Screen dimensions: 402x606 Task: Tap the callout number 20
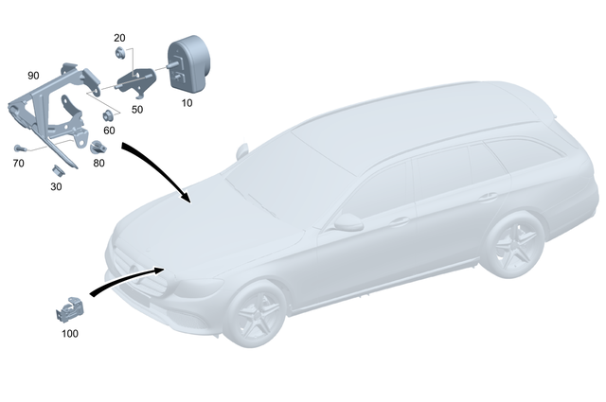tap(119, 38)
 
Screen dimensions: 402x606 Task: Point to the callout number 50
tap(137, 111)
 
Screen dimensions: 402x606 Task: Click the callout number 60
tap(109, 130)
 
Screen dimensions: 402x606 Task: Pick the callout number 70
tap(18, 163)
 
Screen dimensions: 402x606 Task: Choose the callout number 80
tap(99, 162)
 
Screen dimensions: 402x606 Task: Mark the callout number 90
tap(33, 75)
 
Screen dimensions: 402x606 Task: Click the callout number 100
tap(70, 333)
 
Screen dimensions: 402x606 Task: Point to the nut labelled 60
tap(108, 115)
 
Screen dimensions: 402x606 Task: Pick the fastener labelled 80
tap(98, 147)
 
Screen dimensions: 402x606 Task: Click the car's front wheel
tap(258, 313)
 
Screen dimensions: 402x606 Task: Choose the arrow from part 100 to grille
tap(123, 281)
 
